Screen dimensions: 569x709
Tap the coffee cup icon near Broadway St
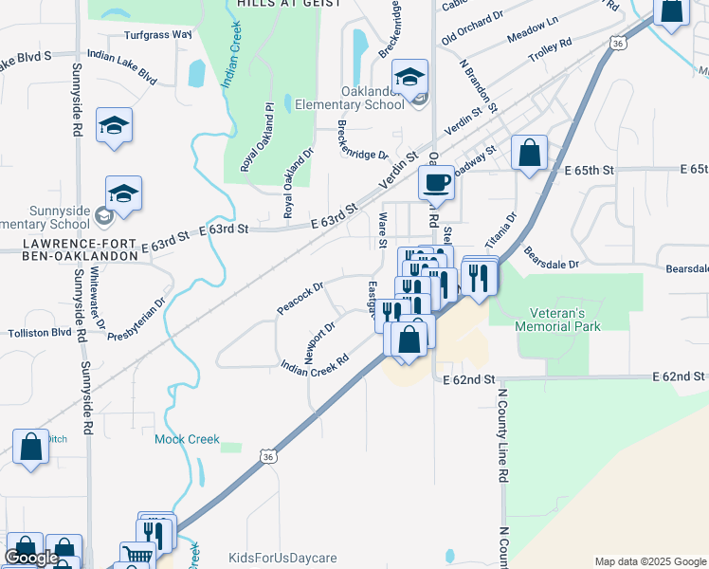[436, 181]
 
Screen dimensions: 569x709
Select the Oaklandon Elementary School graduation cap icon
[410, 77]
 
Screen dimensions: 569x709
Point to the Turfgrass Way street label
[158, 34]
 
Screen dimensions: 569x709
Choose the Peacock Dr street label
[300, 296]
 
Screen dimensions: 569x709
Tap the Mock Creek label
[187, 439]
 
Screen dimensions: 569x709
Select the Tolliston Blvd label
[40, 333]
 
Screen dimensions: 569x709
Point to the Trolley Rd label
[551, 44]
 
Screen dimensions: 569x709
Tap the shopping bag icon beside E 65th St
[529, 153]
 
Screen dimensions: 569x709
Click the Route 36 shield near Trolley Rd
[618, 44]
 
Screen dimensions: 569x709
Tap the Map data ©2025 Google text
[650, 561]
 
